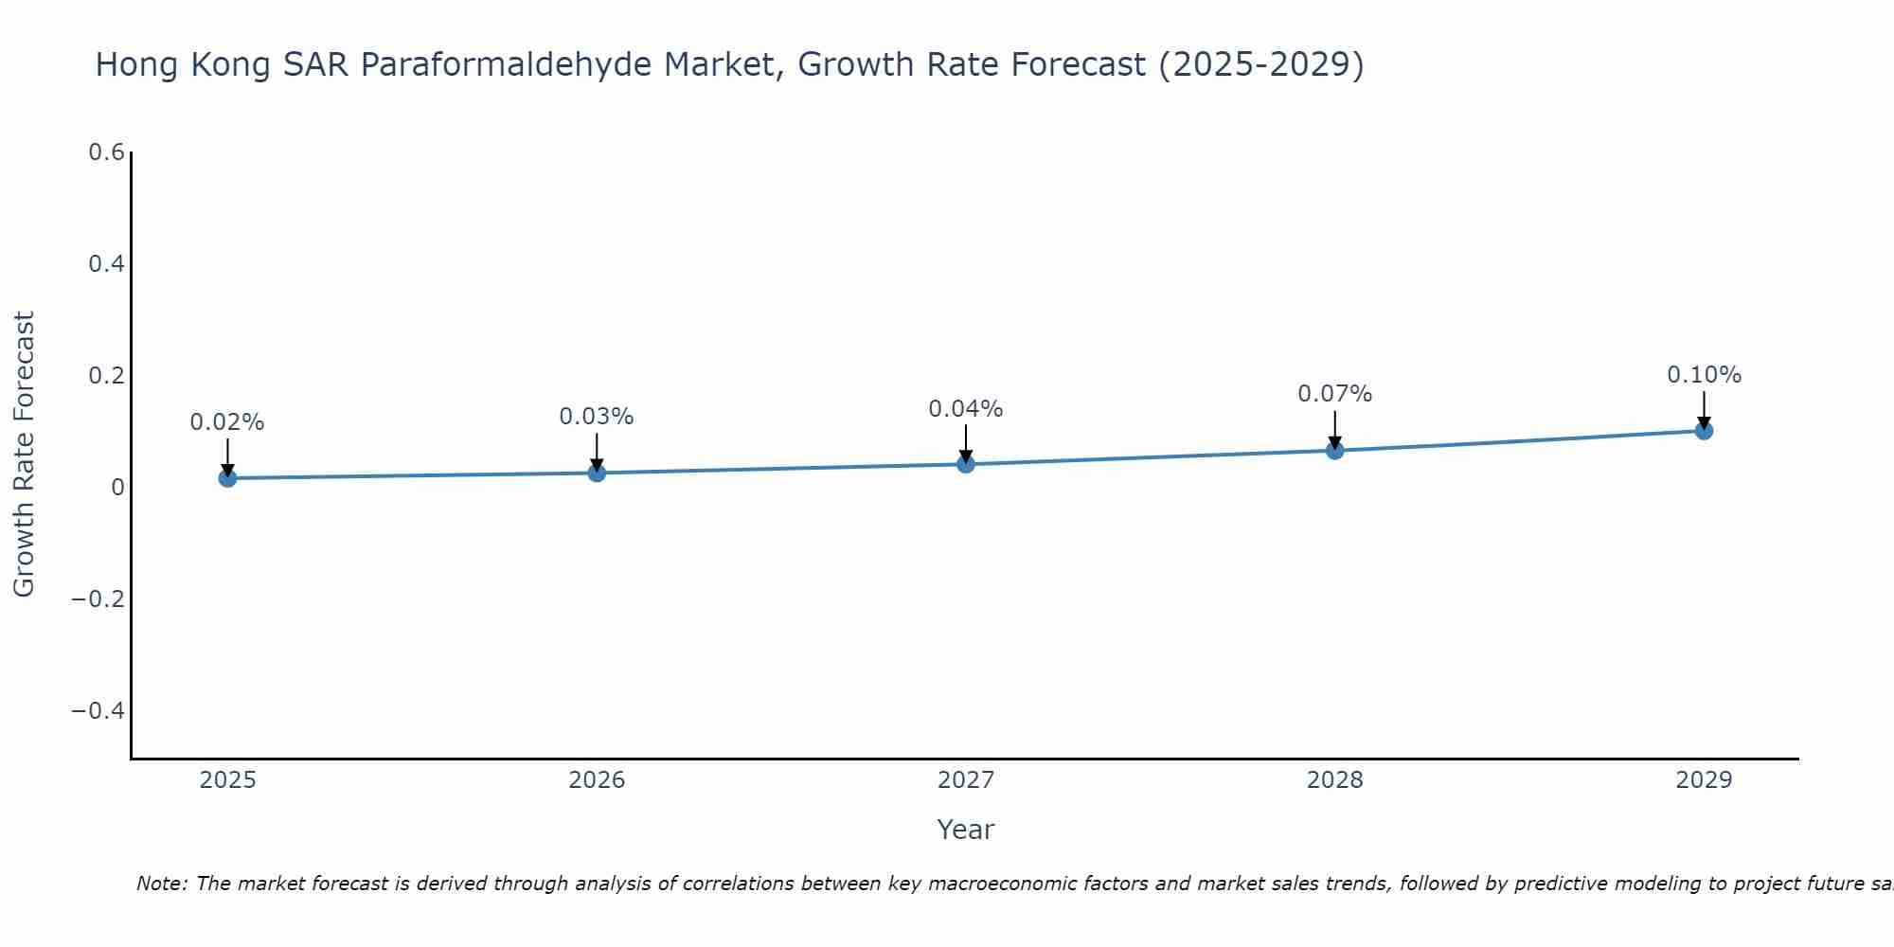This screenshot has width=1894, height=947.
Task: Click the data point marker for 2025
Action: (227, 478)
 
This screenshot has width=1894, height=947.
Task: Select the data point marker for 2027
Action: (966, 464)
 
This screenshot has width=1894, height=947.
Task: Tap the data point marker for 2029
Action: (1704, 431)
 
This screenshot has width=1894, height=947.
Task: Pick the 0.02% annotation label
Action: (227, 422)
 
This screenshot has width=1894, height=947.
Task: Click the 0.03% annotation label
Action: (597, 417)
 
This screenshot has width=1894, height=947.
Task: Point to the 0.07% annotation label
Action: (1334, 394)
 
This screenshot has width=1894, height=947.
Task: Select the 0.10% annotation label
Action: (1704, 375)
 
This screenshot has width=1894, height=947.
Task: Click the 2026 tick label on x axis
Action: (597, 780)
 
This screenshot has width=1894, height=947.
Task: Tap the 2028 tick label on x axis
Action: (1334, 780)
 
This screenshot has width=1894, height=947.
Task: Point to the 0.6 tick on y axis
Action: (107, 152)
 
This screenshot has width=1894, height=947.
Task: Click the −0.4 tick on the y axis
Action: (98, 711)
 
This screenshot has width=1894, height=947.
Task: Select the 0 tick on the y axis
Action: (117, 488)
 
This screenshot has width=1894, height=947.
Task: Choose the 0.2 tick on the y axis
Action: (107, 376)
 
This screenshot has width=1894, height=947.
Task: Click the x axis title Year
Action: (965, 830)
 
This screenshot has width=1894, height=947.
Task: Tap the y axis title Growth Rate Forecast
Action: (24, 455)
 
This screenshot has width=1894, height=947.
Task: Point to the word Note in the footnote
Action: (162, 884)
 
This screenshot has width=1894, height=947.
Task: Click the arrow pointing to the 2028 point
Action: (1334, 430)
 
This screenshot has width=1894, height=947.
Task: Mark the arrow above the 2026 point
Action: (597, 453)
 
